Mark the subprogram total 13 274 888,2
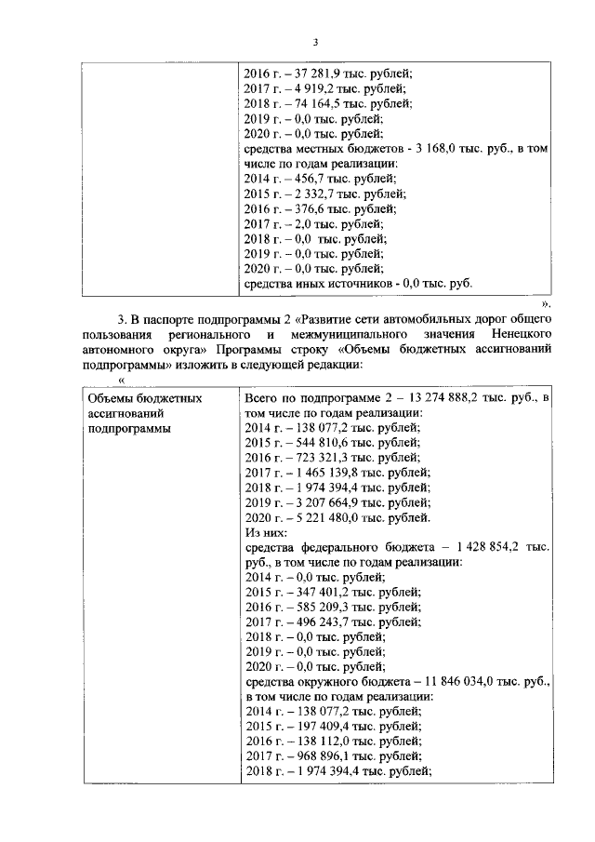coord(440,397)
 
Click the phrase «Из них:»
coord(267,532)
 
